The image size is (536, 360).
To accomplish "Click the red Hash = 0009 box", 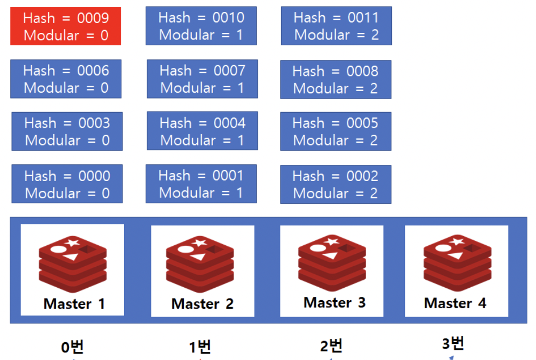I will [66, 26].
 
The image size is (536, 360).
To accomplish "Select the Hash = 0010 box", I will [201, 26].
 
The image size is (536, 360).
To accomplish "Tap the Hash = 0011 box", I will [336, 26].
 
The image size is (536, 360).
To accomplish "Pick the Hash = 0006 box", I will [66, 79].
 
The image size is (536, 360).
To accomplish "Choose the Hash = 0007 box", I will [202, 79].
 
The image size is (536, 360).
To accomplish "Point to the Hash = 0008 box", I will [335, 79].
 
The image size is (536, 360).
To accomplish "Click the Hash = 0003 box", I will [67, 131].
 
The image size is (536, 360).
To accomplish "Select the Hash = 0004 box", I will [202, 131].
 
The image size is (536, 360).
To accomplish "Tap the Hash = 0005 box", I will [335, 131].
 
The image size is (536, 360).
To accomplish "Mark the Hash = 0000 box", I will [67, 184].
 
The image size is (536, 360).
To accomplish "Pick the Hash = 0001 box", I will [201, 184].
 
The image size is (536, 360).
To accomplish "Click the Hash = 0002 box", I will [335, 184].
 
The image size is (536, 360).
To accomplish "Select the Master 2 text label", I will [202, 304].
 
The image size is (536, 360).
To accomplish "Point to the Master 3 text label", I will [334, 302].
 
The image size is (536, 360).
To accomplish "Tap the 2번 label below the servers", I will [331, 346].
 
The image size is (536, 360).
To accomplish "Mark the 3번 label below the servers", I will [453, 343].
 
